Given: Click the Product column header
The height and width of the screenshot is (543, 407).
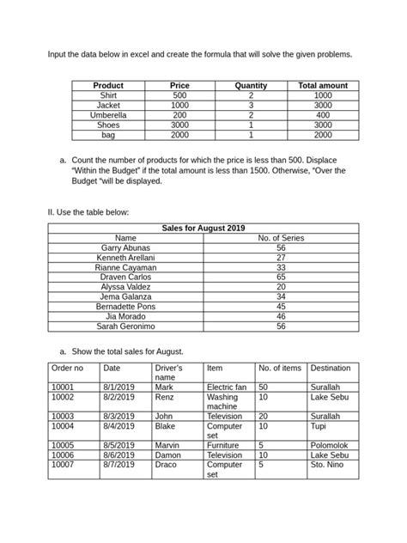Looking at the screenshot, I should click(108, 86).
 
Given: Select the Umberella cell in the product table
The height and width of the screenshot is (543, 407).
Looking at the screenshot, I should click(108, 114).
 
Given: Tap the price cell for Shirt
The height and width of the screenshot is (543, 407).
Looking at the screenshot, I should click(179, 95).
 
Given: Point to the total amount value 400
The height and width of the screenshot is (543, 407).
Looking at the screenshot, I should click(322, 114).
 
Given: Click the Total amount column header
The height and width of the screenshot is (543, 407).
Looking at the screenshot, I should click(322, 86).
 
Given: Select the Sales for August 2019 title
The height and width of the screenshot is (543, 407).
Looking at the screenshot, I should click(203, 228).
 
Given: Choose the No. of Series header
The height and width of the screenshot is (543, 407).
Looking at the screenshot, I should click(281, 238).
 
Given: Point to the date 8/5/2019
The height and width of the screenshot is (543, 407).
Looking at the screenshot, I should click(119, 446).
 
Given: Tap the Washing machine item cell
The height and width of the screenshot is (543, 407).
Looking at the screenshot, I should click(222, 402).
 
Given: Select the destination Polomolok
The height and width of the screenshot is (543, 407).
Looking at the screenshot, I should click(331, 446).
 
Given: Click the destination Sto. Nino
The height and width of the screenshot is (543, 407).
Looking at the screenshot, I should click(329, 465).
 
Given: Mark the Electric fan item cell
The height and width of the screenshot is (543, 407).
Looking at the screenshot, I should click(227, 387).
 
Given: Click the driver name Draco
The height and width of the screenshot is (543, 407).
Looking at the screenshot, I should click(166, 465).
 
